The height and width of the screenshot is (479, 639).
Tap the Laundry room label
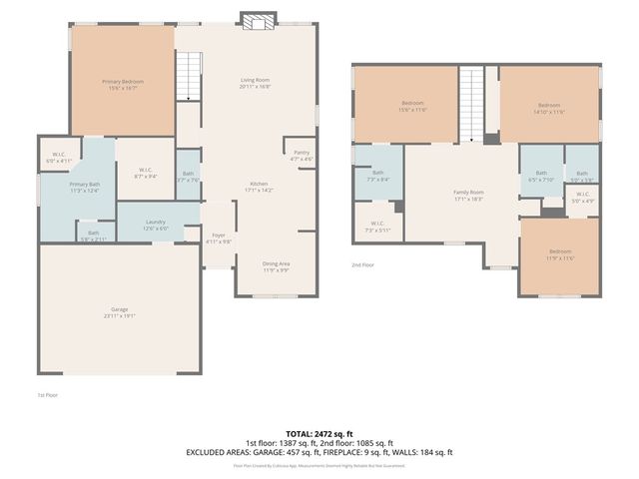[x=155, y=225]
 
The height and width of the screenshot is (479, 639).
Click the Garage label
[x=119, y=311]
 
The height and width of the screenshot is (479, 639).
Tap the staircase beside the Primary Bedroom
[x=188, y=76]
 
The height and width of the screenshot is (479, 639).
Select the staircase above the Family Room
[x=471, y=104]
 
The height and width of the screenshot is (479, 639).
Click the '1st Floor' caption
[x=48, y=395]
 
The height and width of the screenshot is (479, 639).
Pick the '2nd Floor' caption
[x=362, y=264]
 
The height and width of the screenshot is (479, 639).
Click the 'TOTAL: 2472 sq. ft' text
[x=319, y=432]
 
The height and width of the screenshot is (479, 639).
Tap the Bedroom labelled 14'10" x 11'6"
[x=549, y=108]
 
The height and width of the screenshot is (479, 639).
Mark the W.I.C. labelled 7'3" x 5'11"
[x=377, y=226]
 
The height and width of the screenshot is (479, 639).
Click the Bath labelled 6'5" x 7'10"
[x=541, y=176]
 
